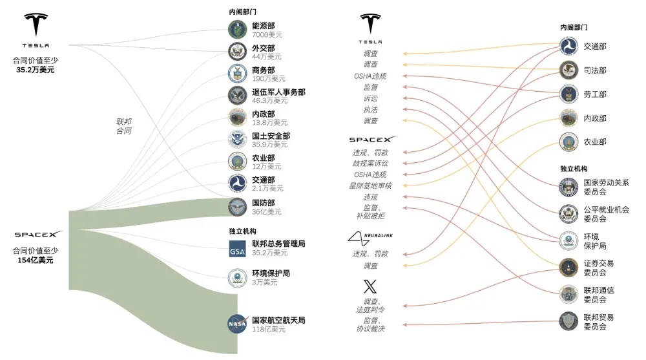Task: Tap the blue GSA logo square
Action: pos(237,249)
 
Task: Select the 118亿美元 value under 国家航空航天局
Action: pos(269,329)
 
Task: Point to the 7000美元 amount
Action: pos(267,35)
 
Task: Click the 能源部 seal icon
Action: pos(237,29)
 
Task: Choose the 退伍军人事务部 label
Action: pos(278,92)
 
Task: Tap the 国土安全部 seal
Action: pos(237,140)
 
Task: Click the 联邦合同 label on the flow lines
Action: pos(123,126)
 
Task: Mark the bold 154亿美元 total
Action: pos(36,260)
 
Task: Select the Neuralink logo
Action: pos(370,238)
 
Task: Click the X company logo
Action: pos(370,286)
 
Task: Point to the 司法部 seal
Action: pos(569,70)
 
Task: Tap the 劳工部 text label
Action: pos(595,94)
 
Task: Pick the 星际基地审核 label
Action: pos(370,185)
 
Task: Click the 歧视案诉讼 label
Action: pos(370,164)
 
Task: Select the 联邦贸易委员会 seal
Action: pos(569,321)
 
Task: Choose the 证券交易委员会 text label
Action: pos(599,268)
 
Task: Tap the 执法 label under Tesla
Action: pos(370,110)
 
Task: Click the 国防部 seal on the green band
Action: pos(237,207)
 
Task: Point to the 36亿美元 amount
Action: pos(267,211)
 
